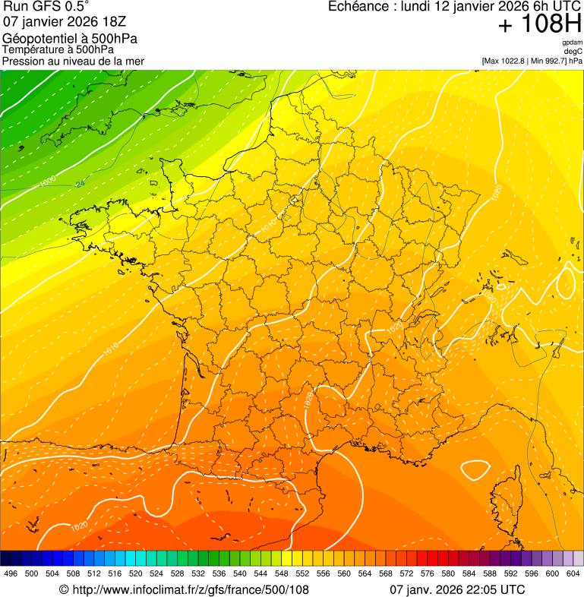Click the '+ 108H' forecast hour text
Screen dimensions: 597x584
(541, 25)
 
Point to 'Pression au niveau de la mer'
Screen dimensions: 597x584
(73, 61)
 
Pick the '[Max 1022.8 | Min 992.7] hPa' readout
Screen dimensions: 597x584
(532, 61)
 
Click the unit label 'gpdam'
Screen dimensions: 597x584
(572, 43)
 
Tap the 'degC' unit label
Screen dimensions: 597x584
(573, 52)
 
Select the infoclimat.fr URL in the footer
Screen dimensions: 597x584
(184, 589)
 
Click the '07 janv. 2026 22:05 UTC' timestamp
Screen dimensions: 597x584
(457, 589)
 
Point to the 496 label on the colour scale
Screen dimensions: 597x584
(11, 573)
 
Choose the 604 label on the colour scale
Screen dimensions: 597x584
(573, 573)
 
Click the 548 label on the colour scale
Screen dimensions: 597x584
(282, 573)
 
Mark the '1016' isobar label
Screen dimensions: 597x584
(112, 349)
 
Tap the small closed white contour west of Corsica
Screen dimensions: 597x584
(475, 470)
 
